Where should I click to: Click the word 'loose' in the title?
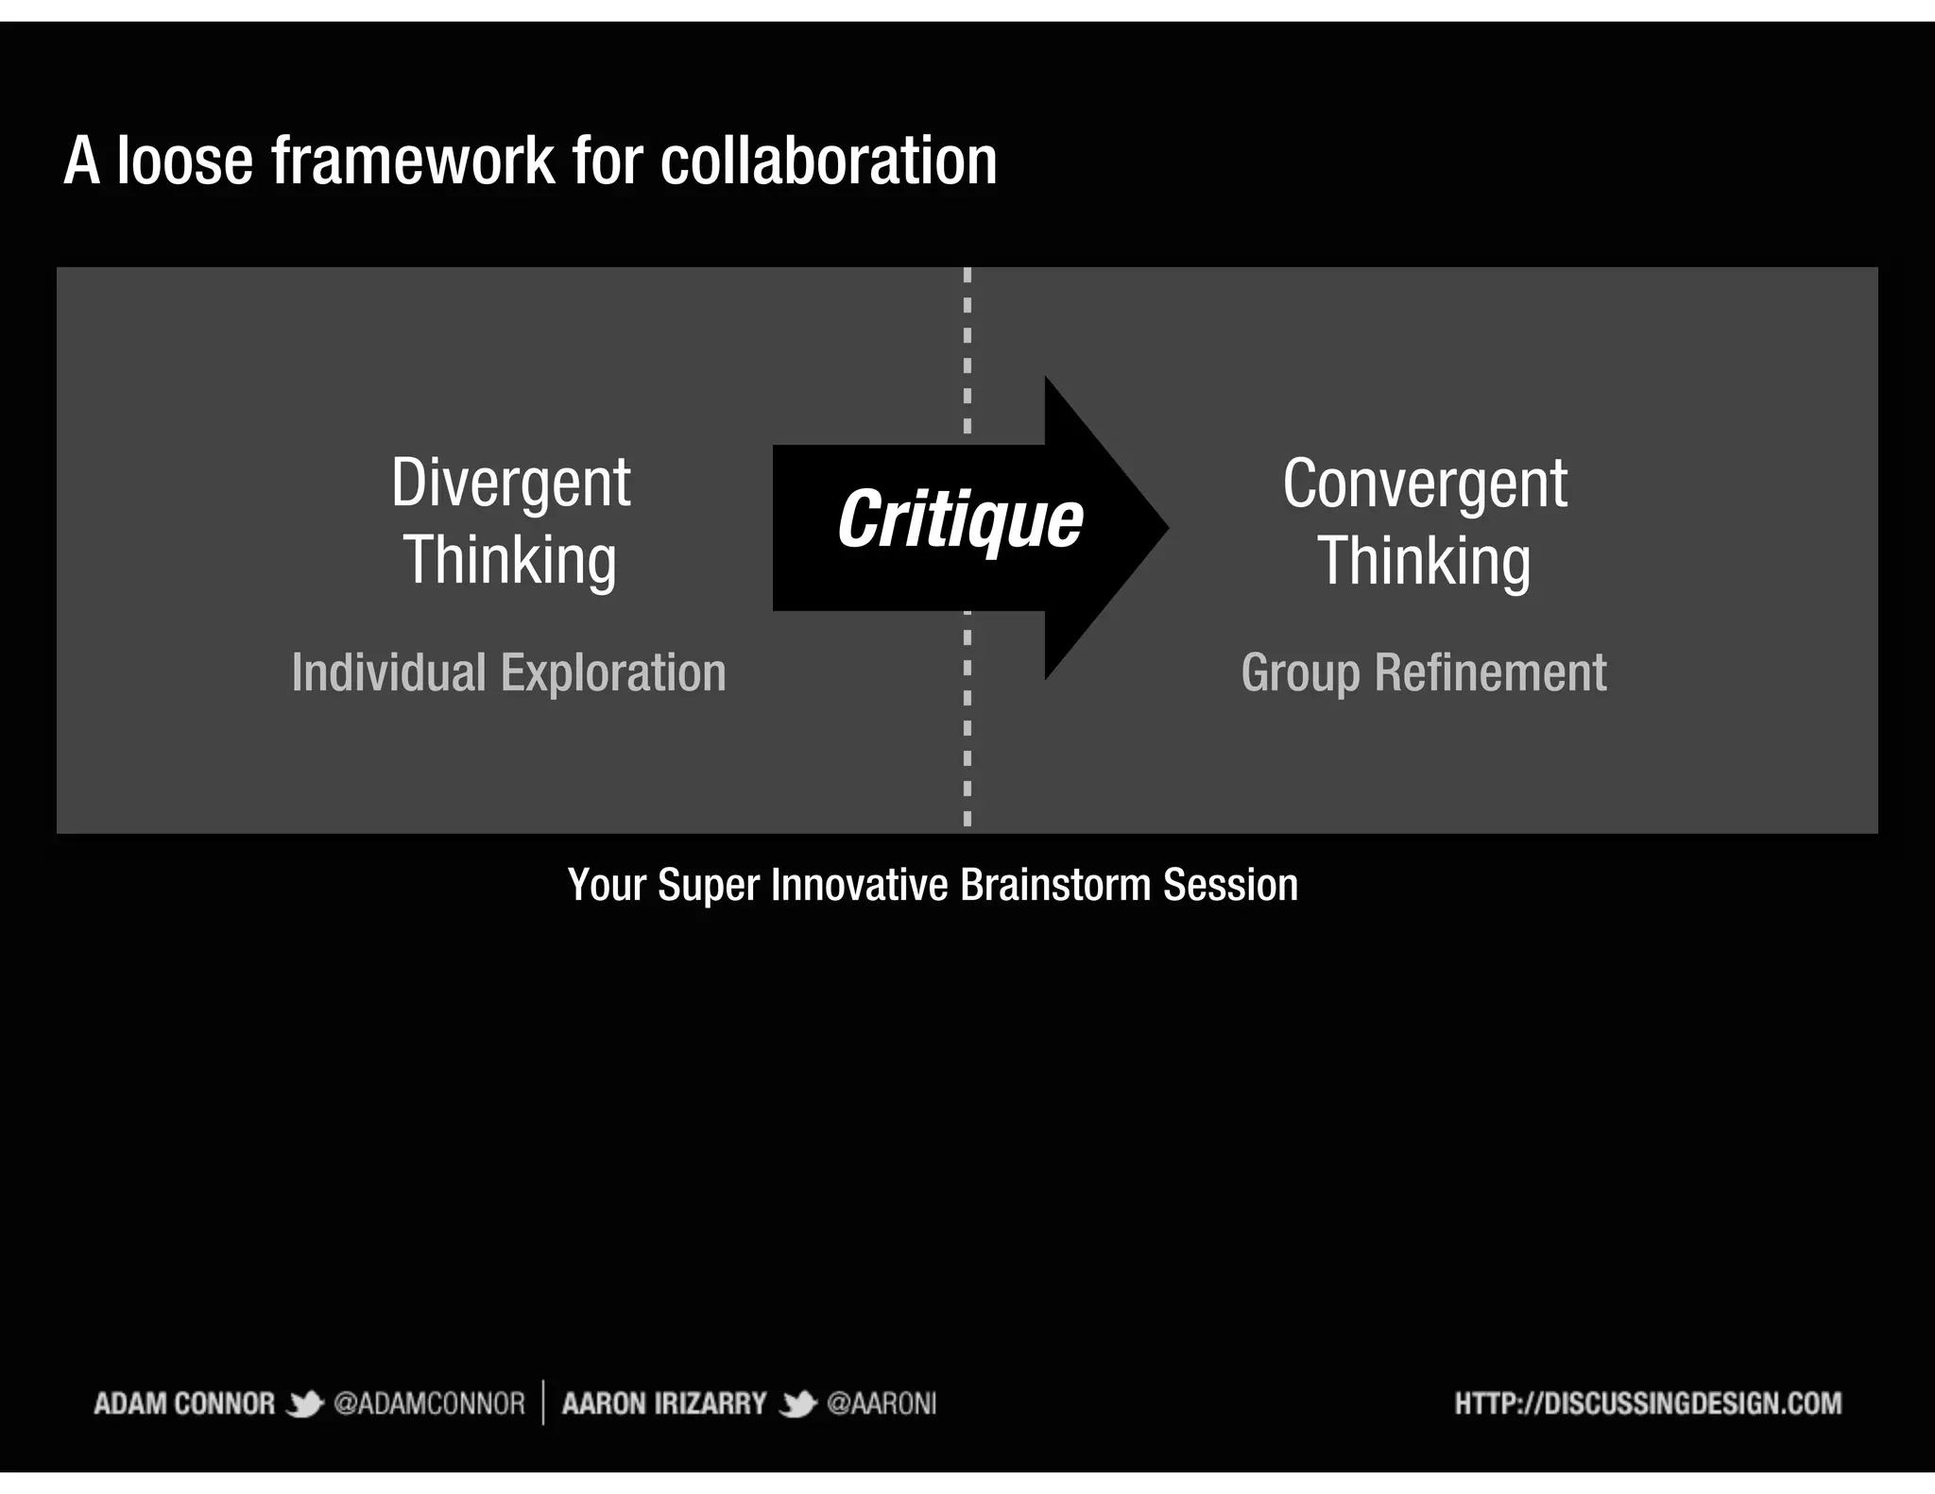(185, 161)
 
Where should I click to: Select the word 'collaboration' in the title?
(828, 161)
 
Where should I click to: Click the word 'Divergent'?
(510, 484)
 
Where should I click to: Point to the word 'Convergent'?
(1424, 484)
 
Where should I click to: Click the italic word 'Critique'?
(959, 519)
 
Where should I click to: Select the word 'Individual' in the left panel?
(388, 673)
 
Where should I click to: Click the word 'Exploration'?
(613, 673)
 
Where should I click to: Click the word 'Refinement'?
(1490, 673)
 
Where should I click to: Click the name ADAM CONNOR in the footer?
(184, 1403)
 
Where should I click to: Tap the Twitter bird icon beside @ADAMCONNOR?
(304, 1404)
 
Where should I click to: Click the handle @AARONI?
(881, 1403)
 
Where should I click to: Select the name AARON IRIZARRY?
(663, 1403)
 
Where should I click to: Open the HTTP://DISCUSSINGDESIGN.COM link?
(1647, 1403)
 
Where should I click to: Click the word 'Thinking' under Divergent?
(510, 561)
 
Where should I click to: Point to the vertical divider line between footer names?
(543, 1402)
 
